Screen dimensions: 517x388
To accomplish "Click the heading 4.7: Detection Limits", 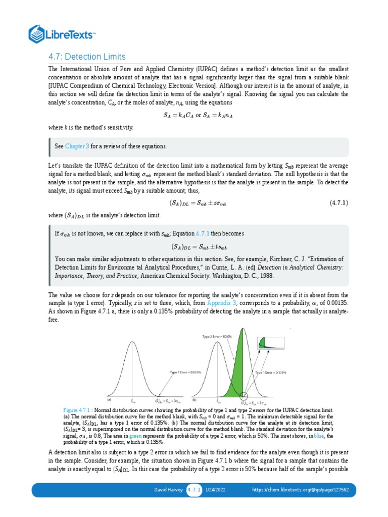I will (x=86, y=56).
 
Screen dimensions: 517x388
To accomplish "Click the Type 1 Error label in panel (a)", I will (x=185, y=372).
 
